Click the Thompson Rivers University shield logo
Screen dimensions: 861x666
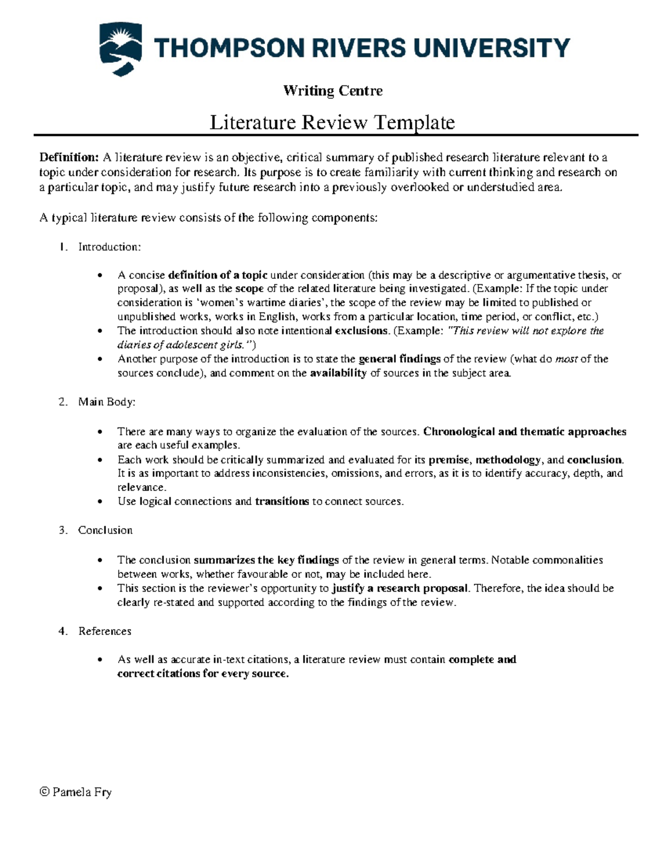(119, 49)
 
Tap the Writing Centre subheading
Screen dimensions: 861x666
(333, 90)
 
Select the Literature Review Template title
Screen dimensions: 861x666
(332, 122)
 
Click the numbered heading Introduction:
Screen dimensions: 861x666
(109, 247)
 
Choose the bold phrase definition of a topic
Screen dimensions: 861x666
(218, 275)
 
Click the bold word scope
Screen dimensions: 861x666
(249, 289)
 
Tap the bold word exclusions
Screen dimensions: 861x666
(361, 331)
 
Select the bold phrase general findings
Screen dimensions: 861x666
(400, 359)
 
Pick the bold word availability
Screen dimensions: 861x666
(338, 373)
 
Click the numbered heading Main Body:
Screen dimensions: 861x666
(107, 402)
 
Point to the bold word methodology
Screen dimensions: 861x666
(508, 460)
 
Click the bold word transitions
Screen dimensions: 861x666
(281, 502)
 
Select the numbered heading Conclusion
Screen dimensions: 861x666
(105, 531)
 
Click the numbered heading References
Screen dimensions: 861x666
(104, 631)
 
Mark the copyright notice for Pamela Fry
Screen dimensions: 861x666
(75, 792)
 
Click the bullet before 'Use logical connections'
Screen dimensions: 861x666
(100, 502)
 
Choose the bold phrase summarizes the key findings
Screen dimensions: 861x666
(266, 560)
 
